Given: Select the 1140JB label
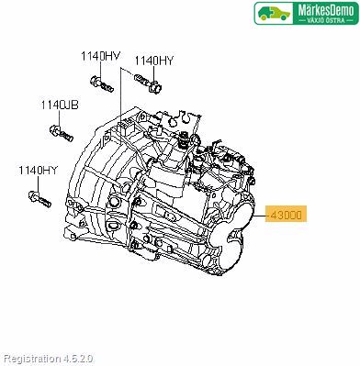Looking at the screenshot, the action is [60, 105].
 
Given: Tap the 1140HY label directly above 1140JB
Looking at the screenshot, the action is [101, 56].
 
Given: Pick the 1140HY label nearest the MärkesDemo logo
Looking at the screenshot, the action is [154, 61].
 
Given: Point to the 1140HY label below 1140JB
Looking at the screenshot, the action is [39, 171].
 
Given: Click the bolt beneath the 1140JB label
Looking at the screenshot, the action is [62, 133].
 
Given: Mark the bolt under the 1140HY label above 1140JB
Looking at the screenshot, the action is [102, 84].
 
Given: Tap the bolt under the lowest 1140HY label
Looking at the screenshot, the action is [39, 199].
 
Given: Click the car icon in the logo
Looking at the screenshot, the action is [274, 14].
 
